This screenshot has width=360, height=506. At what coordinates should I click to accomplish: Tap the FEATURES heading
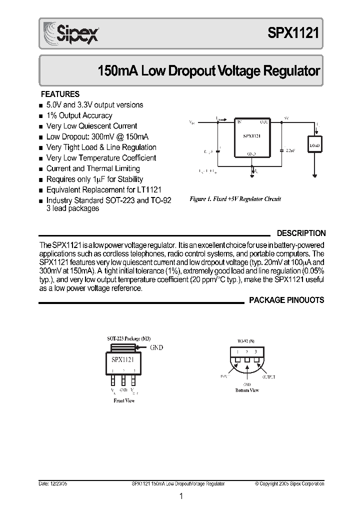pyautogui.click(x=60, y=94)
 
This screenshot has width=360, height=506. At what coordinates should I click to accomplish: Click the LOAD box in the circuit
pyautogui.click(x=314, y=146)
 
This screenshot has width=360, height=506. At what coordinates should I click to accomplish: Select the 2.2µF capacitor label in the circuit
pyautogui.click(x=290, y=149)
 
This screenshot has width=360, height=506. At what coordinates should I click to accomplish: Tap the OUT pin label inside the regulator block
pyautogui.click(x=263, y=121)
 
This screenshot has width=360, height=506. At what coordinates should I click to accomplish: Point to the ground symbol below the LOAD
pyautogui.click(x=314, y=175)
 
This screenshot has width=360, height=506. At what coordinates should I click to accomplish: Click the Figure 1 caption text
pyautogui.click(x=235, y=199)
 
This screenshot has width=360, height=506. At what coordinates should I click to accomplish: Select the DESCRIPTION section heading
pyautogui.click(x=301, y=233)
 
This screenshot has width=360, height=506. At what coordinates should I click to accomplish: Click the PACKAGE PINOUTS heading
pyautogui.click(x=286, y=300)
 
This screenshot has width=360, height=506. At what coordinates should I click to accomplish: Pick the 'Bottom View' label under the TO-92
pyautogui.click(x=247, y=390)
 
